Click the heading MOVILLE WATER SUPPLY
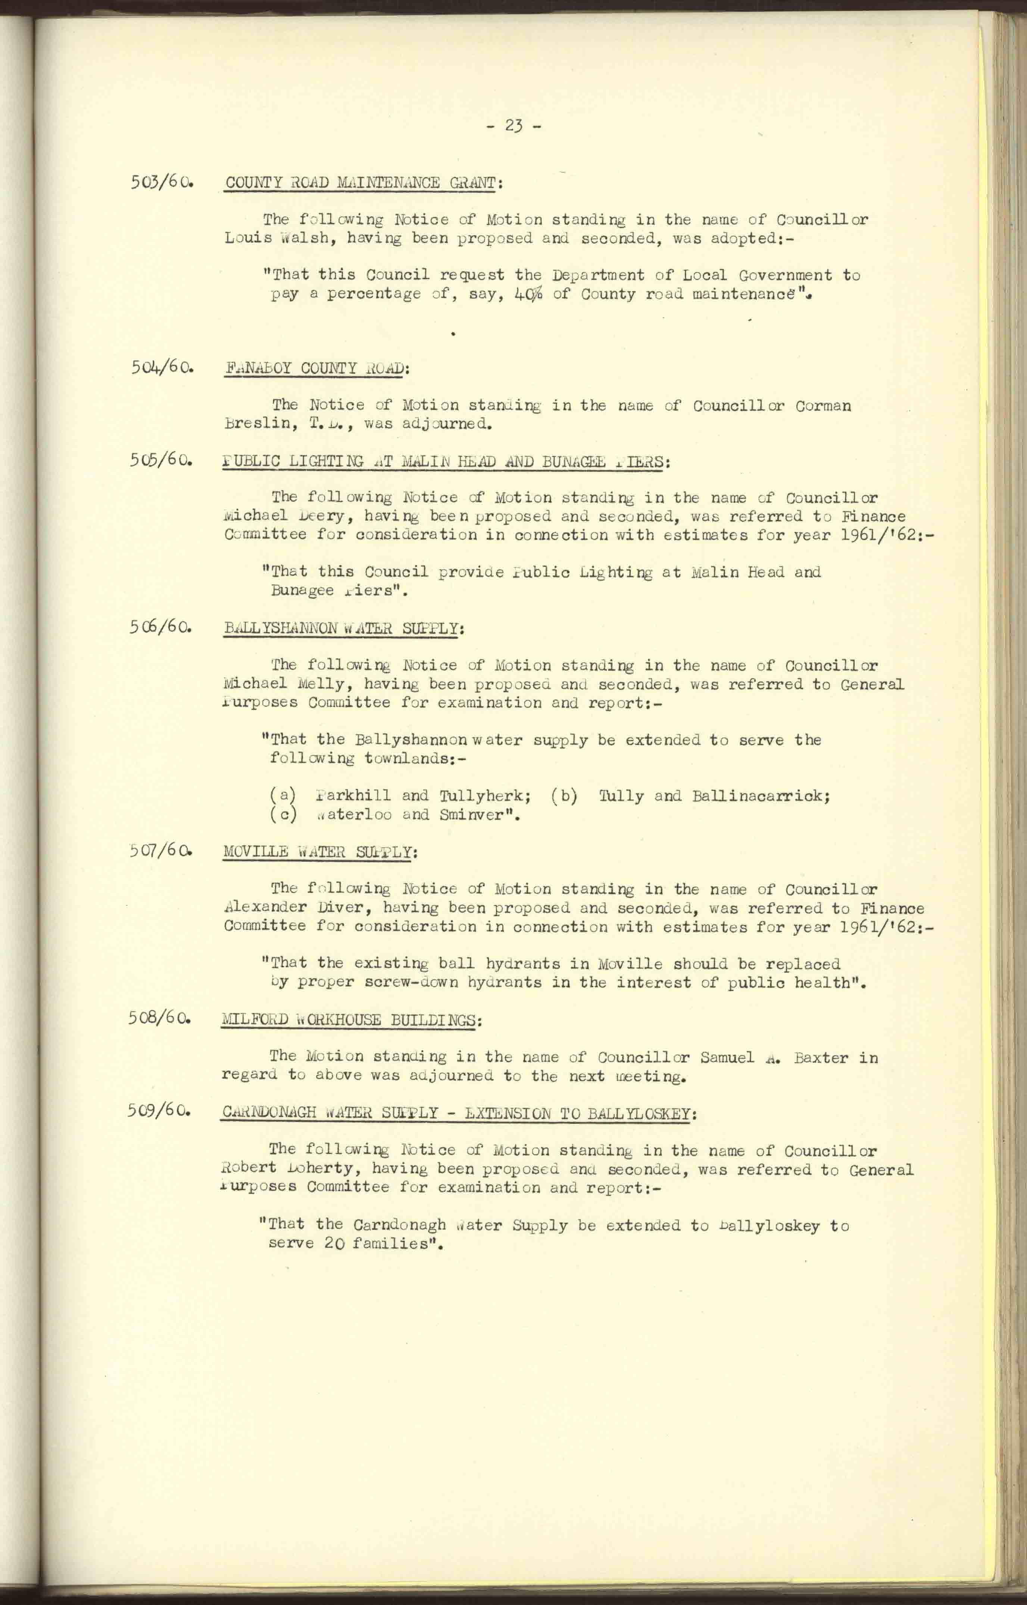[x=318, y=852]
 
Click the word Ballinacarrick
[x=760, y=796]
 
